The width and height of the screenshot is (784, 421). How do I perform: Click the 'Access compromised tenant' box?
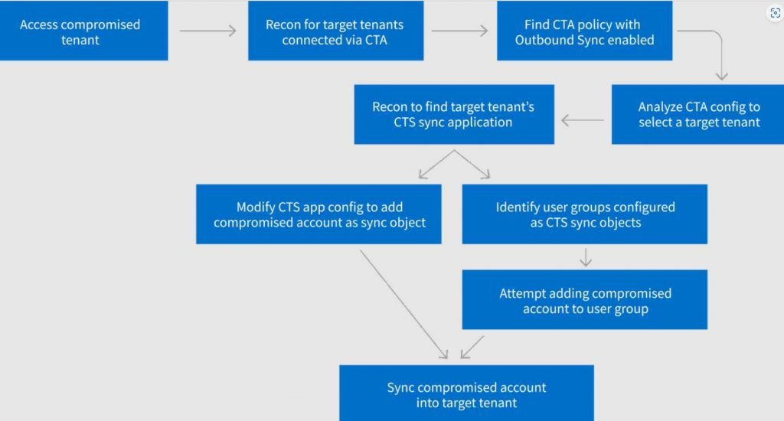click(83, 31)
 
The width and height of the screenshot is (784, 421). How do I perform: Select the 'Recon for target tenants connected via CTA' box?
click(335, 31)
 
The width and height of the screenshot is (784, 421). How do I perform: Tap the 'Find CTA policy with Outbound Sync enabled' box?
click(584, 31)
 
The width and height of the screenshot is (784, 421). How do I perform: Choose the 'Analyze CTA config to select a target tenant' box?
click(697, 115)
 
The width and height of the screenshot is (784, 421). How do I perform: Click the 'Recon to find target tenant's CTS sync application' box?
click(454, 115)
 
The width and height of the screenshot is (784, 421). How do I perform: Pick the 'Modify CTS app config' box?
click(318, 214)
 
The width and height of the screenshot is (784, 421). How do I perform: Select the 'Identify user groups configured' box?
click(584, 214)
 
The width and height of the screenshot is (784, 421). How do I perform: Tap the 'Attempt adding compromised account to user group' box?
click(584, 299)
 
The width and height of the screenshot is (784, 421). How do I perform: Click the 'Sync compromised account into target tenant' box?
click(466, 393)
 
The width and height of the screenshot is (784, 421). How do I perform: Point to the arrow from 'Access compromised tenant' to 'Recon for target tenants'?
click(208, 31)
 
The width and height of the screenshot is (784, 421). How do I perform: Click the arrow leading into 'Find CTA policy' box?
click(459, 31)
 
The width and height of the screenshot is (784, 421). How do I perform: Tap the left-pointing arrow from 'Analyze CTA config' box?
click(583, 120)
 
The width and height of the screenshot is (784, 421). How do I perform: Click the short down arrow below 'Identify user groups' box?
click(586, 257)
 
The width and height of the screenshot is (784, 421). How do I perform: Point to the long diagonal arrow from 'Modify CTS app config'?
click(403, 305)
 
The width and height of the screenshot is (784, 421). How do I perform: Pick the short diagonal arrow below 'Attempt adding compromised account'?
click(472, 347)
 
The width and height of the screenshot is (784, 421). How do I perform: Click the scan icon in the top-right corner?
click(775, 13)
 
